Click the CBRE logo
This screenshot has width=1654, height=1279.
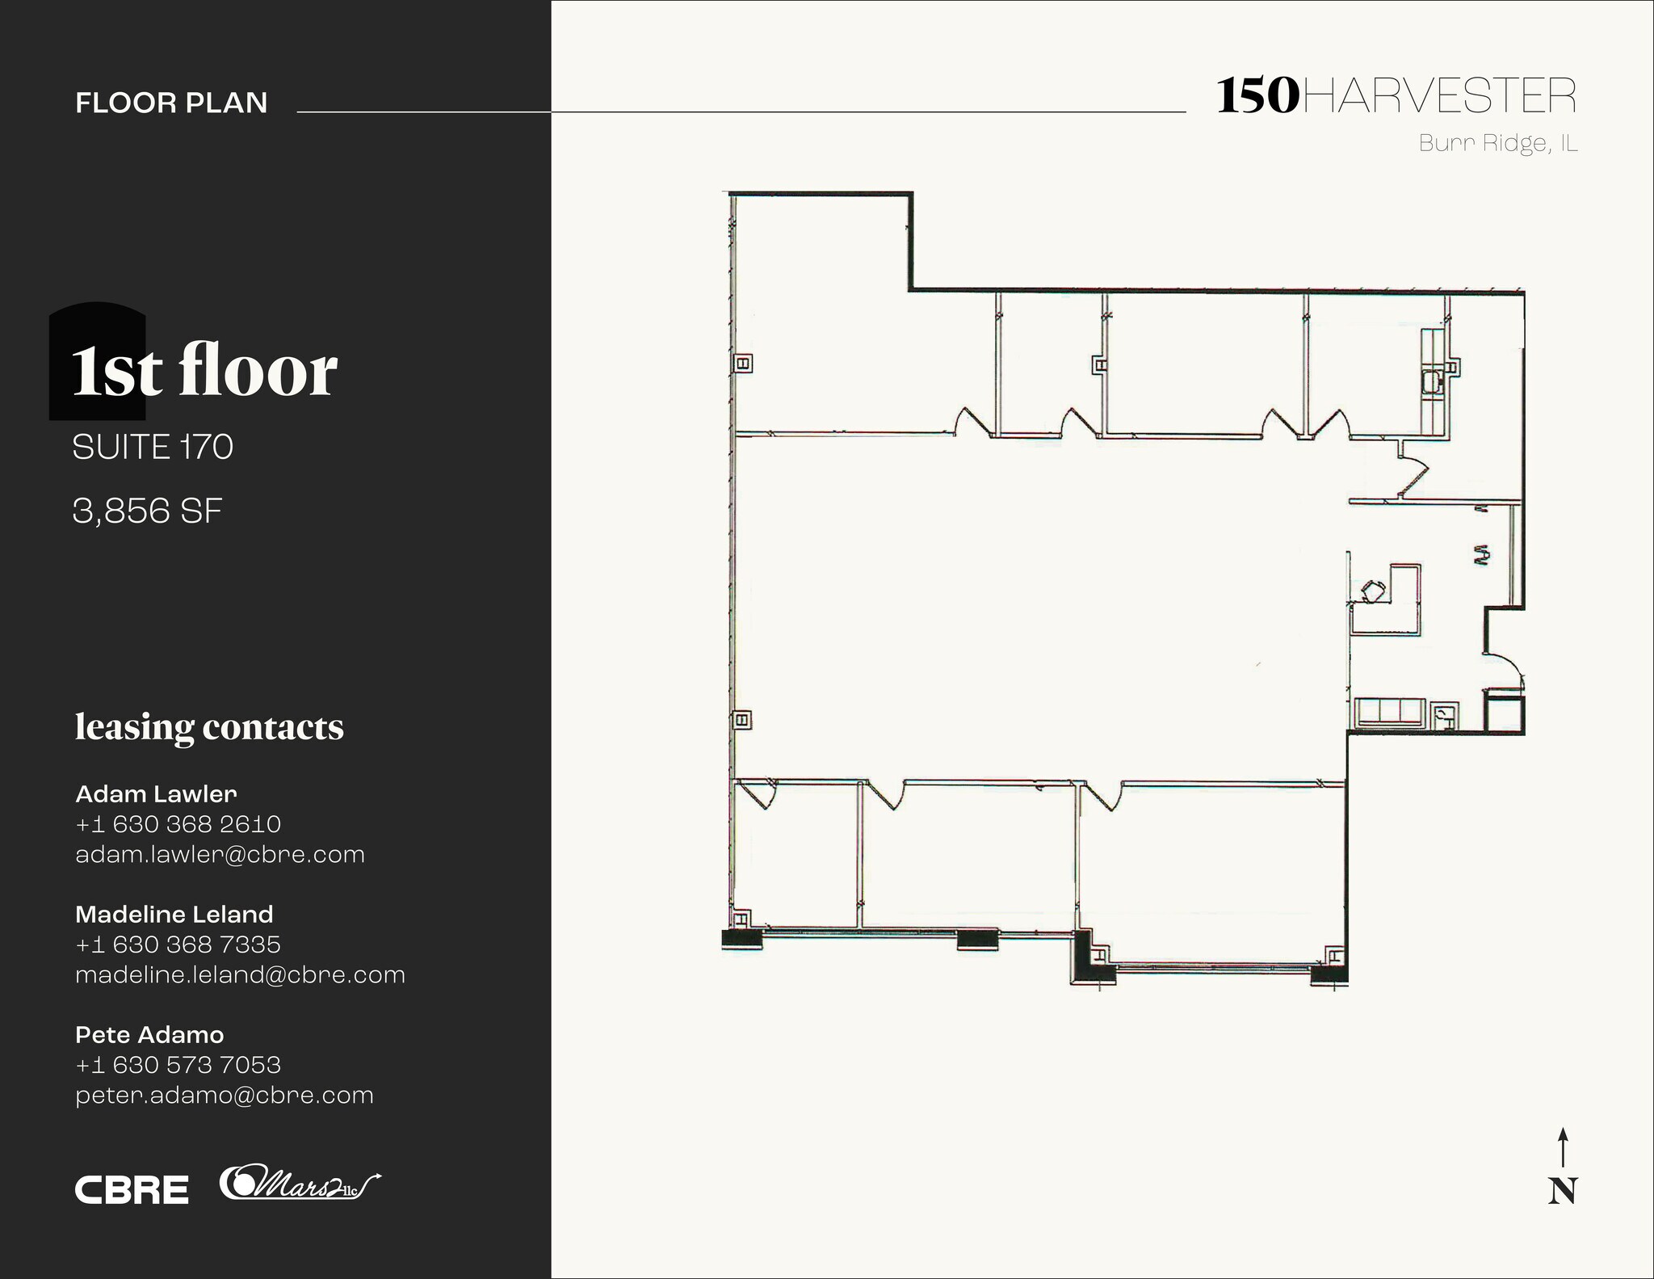coord(132,1189)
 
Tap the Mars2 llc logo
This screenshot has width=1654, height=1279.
coord(299,1184)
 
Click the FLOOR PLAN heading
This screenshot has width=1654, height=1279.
coord(171,103)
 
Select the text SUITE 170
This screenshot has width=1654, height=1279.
coord(153,447)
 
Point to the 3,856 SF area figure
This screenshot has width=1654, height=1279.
coord(147,511)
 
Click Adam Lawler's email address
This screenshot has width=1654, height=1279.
coord(220,854)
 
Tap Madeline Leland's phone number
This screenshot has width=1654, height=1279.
coord(178,944)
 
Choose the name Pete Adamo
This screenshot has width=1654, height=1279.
coord(149,1034)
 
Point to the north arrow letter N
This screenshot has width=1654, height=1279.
coord(1563,1191)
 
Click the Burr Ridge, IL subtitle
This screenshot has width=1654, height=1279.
coord(1498,144)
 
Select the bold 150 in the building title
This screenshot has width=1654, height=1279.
coord(1257,96)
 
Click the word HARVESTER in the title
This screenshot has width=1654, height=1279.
coord(1439,97)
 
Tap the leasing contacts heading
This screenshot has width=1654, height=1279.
coord(209,726)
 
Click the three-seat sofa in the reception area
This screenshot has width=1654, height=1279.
coord(1389,712)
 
